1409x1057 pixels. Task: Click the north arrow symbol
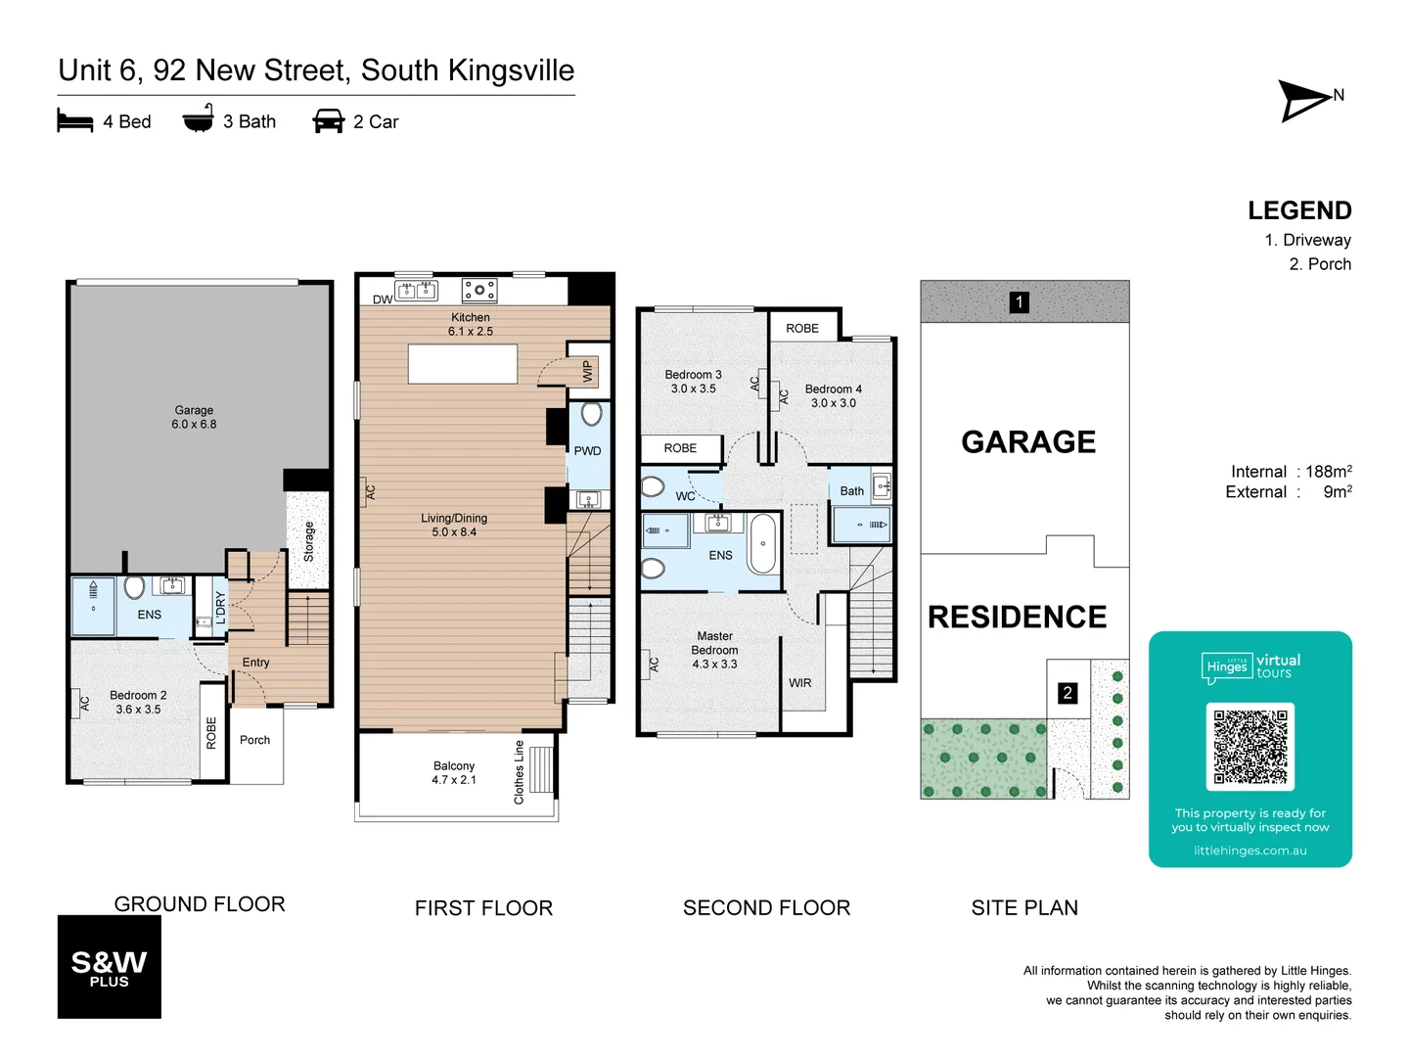point(1305,100)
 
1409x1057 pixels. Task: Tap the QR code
point(1250,747)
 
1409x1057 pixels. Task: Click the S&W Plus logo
point(109,967)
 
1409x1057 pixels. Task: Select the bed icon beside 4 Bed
point(75,121)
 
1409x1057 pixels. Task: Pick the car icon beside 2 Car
point(328,121)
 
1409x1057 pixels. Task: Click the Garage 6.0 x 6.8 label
point(194,418)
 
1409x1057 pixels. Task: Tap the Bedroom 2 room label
point(138,703)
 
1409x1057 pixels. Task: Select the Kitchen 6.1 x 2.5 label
point(471,325)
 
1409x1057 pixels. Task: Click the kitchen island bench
point(463,364)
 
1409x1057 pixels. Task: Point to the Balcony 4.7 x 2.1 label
point(454,773)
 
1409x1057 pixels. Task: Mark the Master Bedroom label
point(714,650)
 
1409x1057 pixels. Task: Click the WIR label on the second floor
point(800,683)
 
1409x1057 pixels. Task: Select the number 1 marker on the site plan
point(1019,302)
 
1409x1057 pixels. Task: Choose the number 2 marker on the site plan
point(1068,693)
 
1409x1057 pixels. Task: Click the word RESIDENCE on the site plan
point(1017,618)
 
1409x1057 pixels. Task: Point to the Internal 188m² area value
point(1328,472)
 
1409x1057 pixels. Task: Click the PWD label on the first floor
point(587,451)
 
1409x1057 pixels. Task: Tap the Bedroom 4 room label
point(833,396)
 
